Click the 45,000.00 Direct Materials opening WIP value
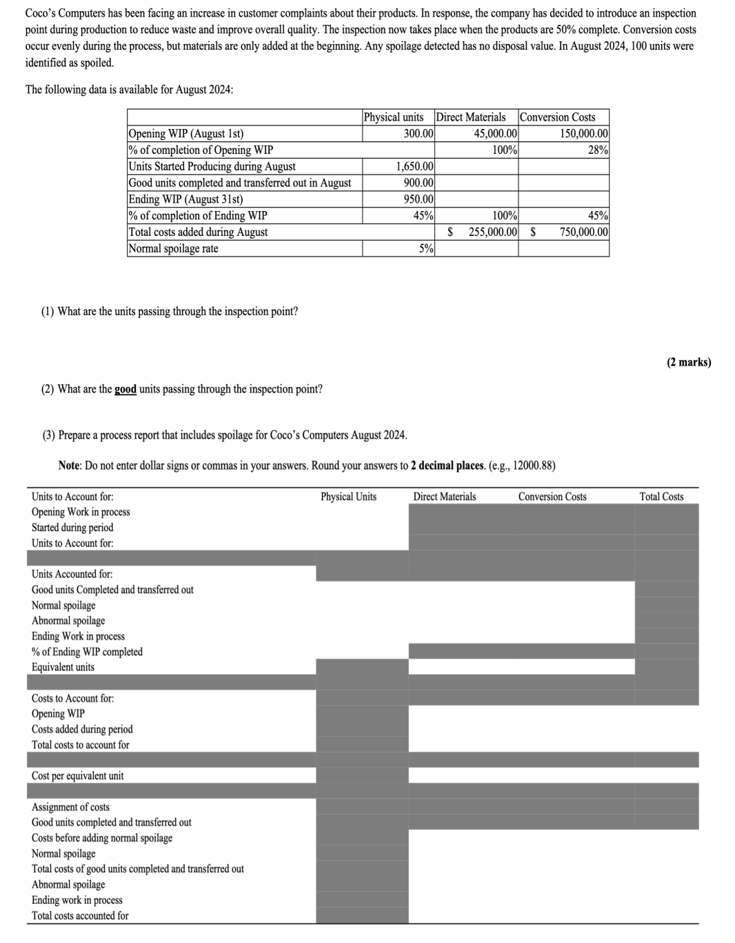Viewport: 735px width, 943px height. click(496, 134)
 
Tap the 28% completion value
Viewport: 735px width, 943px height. click(598, 150)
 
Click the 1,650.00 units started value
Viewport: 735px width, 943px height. click(414, 166)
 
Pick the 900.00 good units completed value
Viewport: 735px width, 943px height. click(418, 183)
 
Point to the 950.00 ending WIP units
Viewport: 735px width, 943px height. click(418, 199)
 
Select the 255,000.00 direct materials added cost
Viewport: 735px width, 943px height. click(492, 232)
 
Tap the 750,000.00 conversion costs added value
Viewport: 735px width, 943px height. click(583, 232)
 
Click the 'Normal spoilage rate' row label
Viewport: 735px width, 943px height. click(173, 249)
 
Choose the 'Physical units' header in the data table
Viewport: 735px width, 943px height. click(393, 117)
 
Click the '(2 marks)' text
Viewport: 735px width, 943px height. click(688, 362)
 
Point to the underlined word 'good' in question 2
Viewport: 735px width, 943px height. click(125, 389)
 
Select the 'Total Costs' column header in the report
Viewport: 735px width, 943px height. click(661, 497)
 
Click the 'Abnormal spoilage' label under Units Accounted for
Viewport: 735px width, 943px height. click(68, 621)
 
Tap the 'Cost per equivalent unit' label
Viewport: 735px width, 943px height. click(77, 776)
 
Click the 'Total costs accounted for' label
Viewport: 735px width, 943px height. click(80, 916)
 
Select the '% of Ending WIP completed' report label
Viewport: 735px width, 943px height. click(87, 652)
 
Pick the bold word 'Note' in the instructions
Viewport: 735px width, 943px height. click(70, 466)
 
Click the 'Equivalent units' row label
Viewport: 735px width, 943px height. click(63, 667)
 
